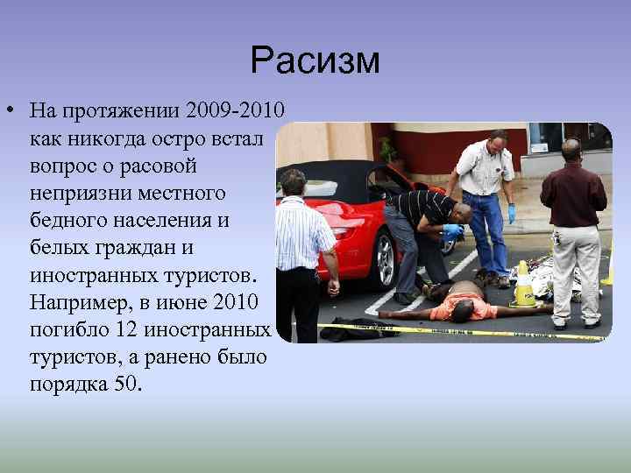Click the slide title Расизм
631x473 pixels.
click(x=315, y=60)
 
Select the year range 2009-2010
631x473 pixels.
click(x=230, y=112)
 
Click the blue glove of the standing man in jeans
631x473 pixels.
click(x=512, y=214)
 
